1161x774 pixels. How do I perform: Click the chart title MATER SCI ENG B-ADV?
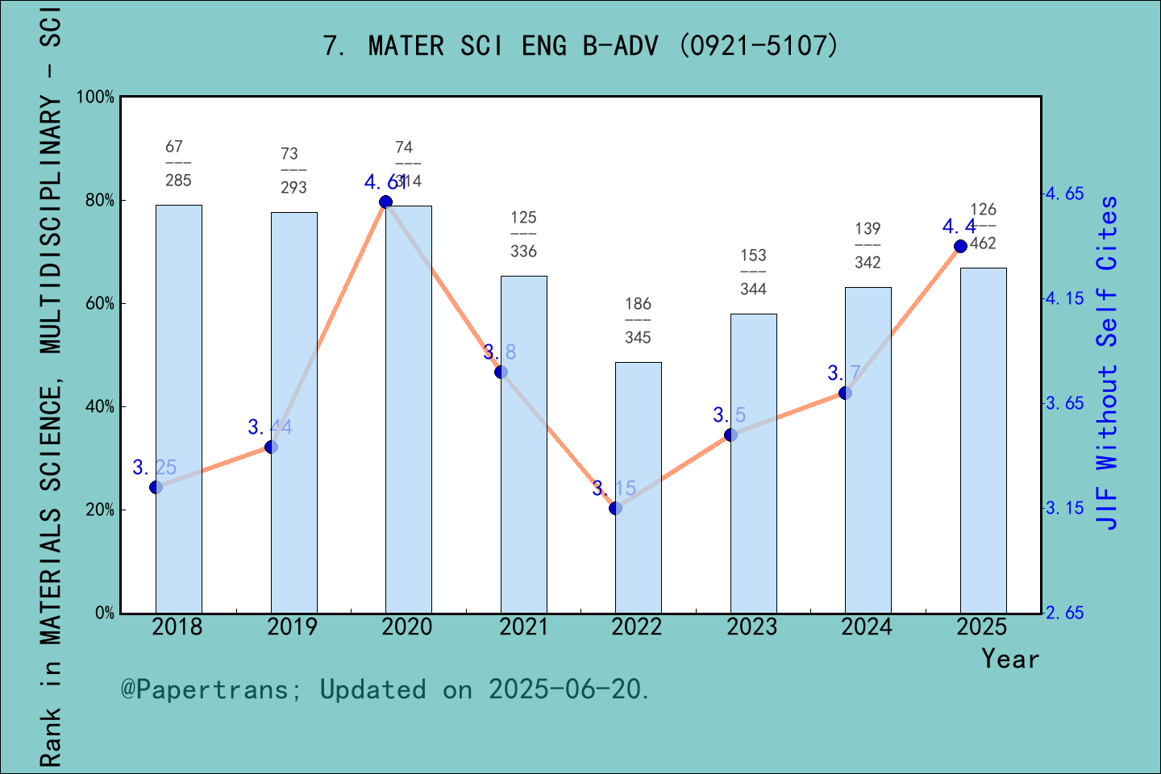point(580,46)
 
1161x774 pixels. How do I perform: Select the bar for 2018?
point(178,409)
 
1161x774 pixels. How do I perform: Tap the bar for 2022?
point(638,488)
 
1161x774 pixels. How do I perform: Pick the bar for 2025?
point(983,440)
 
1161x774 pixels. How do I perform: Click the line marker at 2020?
point(385,202)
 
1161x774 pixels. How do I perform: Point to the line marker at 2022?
point(615,508)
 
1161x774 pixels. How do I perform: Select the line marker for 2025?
point(960,246)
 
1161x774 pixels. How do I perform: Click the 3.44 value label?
point(270,427)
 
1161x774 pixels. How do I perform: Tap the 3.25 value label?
point(155,468)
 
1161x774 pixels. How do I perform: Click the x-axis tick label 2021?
point(522,627)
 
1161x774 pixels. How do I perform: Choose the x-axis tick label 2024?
point(867,627)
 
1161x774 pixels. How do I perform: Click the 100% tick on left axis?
point(95,98)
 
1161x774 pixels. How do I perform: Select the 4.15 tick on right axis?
point(1064,298)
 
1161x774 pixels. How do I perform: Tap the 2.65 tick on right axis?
point(1064,613)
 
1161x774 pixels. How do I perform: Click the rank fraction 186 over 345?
point(638,320)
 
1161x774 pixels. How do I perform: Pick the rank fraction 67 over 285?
point(178,163)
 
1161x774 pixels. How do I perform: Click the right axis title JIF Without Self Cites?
point(1108,363)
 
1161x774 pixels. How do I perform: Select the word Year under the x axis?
point(1009,659)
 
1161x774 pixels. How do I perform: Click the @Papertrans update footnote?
point(385,689)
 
